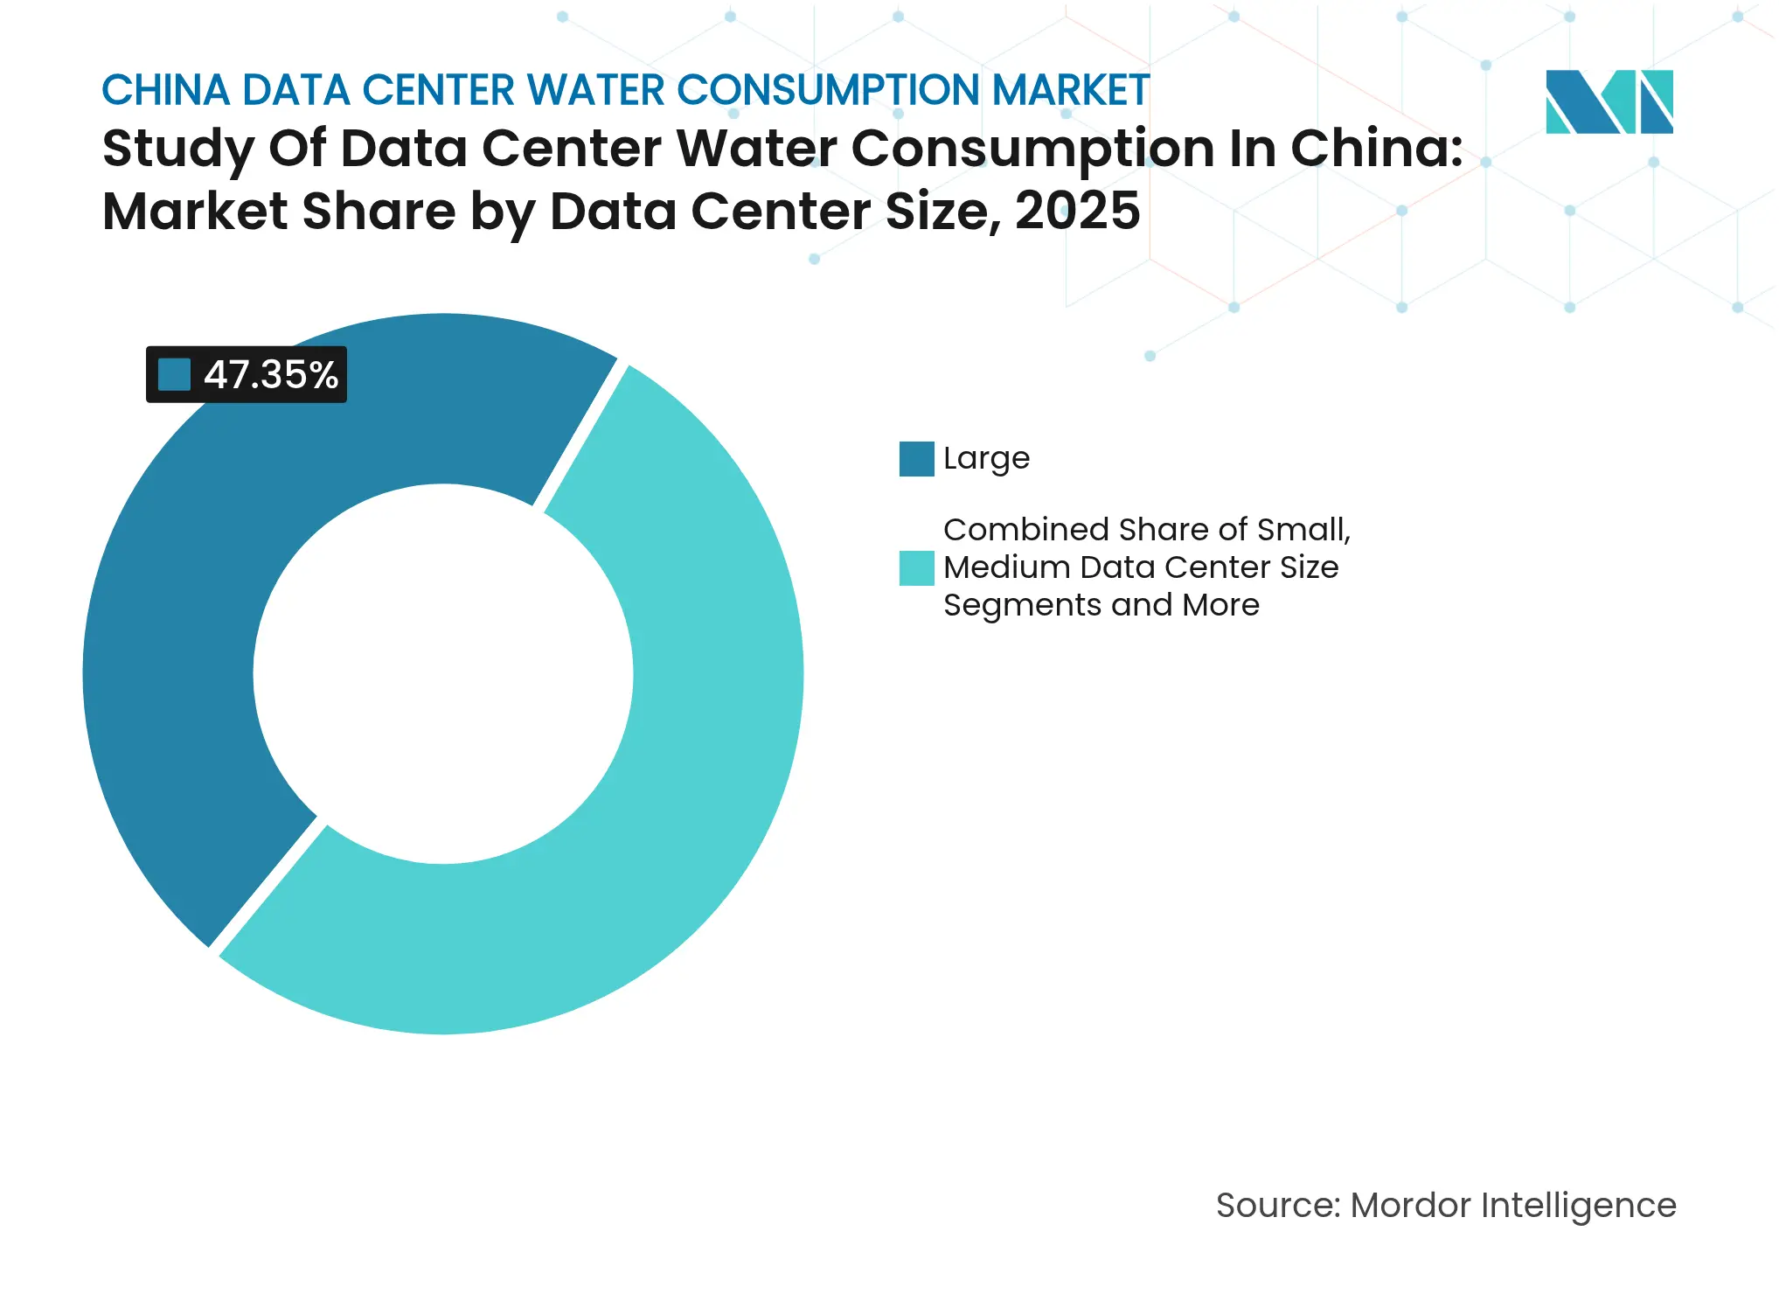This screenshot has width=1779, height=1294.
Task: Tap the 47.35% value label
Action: point(270,375)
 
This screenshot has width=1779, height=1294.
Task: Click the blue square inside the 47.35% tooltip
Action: point(174,375)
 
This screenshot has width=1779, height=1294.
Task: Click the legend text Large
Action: point(986,459)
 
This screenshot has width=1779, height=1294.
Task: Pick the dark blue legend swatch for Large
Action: point(916,459)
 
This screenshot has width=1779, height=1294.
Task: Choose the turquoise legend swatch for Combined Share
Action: point(916,568)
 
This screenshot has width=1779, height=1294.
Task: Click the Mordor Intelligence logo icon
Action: point(1609,101)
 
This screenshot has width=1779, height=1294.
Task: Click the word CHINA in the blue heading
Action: point(165,91)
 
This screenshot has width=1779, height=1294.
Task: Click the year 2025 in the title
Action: point(1077,212)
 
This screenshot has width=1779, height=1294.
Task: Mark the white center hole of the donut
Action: point(443,673)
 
